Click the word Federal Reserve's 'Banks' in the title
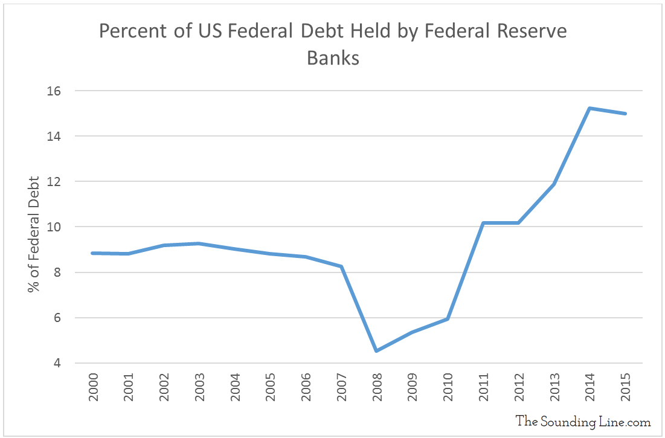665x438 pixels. coord(333,58)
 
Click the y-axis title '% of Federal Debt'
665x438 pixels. coord(34,234)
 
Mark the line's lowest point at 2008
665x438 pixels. coord(376,350)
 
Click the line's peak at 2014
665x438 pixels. coord(590,108)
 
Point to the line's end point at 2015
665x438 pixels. coord(625,114)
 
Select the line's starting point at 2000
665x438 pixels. coord(92,253)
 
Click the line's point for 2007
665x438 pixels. coord(341,266)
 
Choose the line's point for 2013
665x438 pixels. coord(554,184)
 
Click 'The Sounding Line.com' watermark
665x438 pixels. coord(583,421)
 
